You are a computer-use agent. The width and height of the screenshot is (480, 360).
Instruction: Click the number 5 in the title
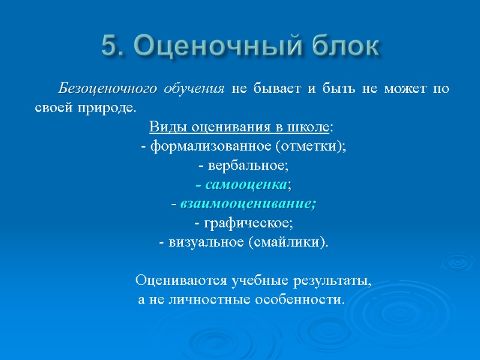click(x=110, y=46)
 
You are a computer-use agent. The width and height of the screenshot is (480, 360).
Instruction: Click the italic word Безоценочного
click(x=107, y=90)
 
